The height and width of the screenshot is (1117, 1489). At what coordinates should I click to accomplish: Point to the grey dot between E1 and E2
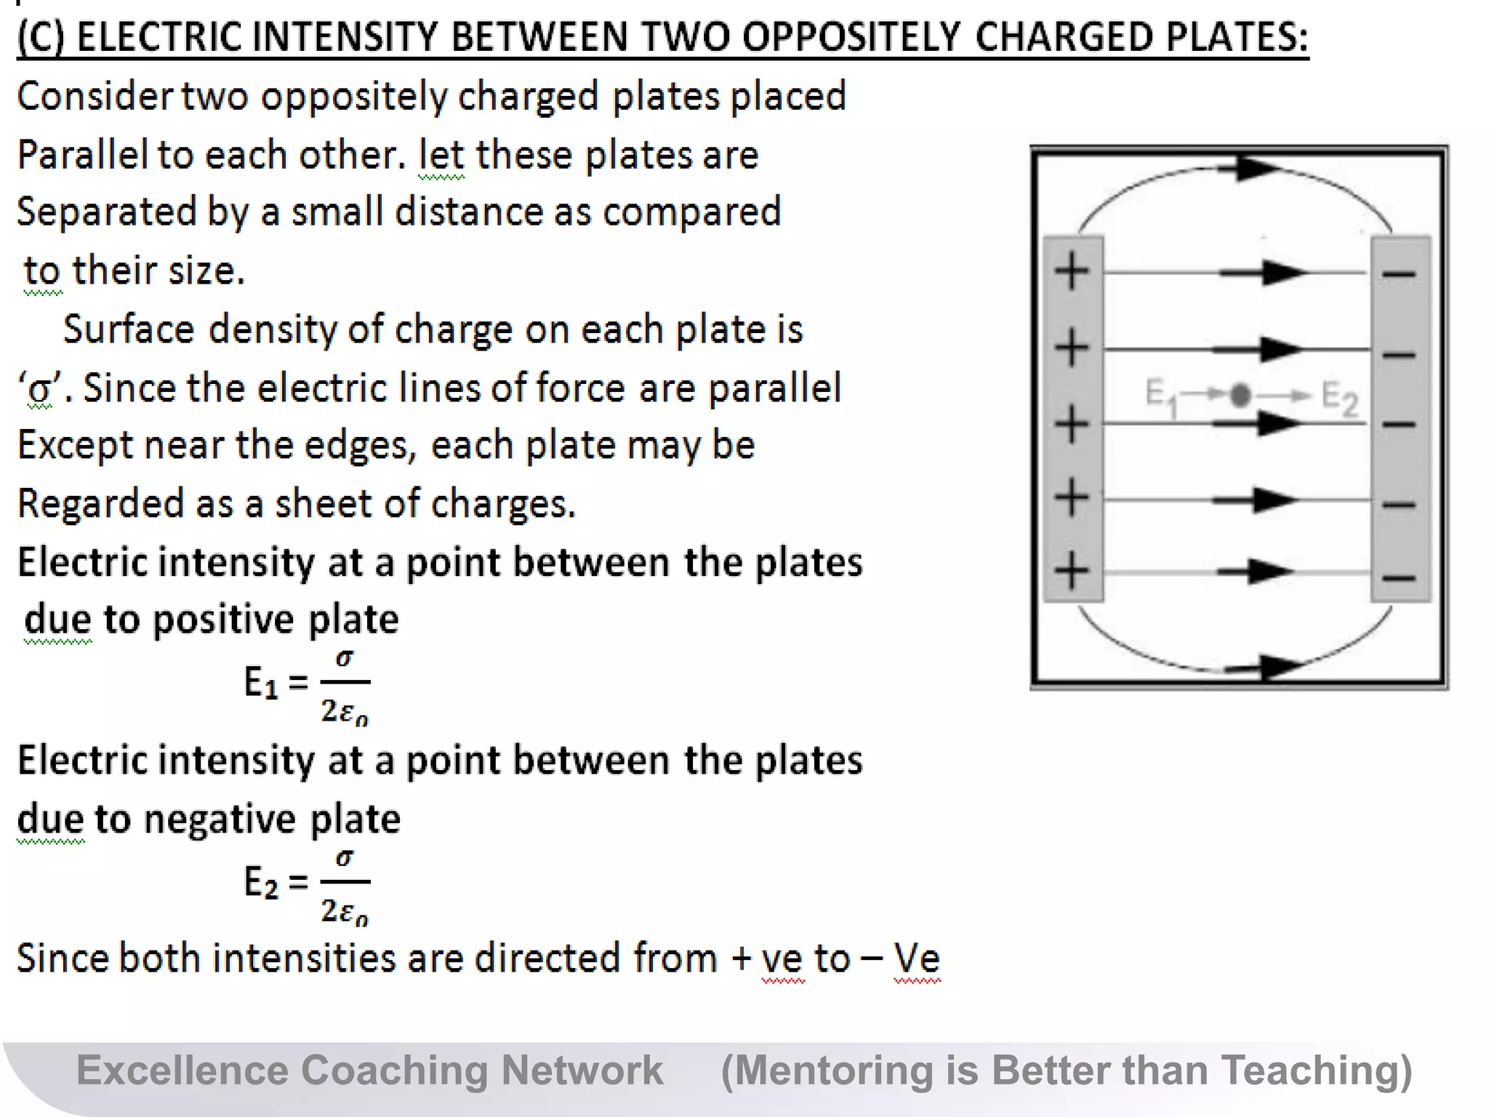pyautogui.click(x=1241, y=395)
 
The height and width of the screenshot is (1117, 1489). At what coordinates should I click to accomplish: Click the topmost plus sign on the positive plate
pyautogui.click(x=1072, y=272)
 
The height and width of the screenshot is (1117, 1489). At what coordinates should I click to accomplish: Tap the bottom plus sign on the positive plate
pyautogui.click(x=1072, y=571)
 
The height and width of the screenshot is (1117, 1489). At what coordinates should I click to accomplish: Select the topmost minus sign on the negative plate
pyautogui.click(x=1399, y=274)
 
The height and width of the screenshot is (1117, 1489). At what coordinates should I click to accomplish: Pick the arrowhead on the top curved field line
pyautogui.click(x=1256, y=169)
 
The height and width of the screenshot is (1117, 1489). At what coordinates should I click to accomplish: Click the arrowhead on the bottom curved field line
pyautogui.click(x=1281, y=665)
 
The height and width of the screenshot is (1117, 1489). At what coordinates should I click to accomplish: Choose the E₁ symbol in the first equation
pyautogui.click(x=260, y=684)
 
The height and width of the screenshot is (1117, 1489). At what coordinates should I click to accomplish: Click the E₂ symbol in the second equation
pyautogui.click(x=260, y=883)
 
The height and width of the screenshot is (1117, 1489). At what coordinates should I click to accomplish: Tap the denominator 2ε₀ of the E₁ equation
pyautogui.click(x=345, y=712)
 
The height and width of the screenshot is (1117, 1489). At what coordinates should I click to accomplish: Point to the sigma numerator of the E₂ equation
pyautogui.click(x=345, y=858)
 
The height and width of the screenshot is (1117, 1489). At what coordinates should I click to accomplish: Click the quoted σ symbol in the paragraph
pyautogui.click(x=40, y=390)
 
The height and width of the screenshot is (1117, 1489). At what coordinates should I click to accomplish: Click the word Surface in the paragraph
pyautogui.click(x=128, y=329)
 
